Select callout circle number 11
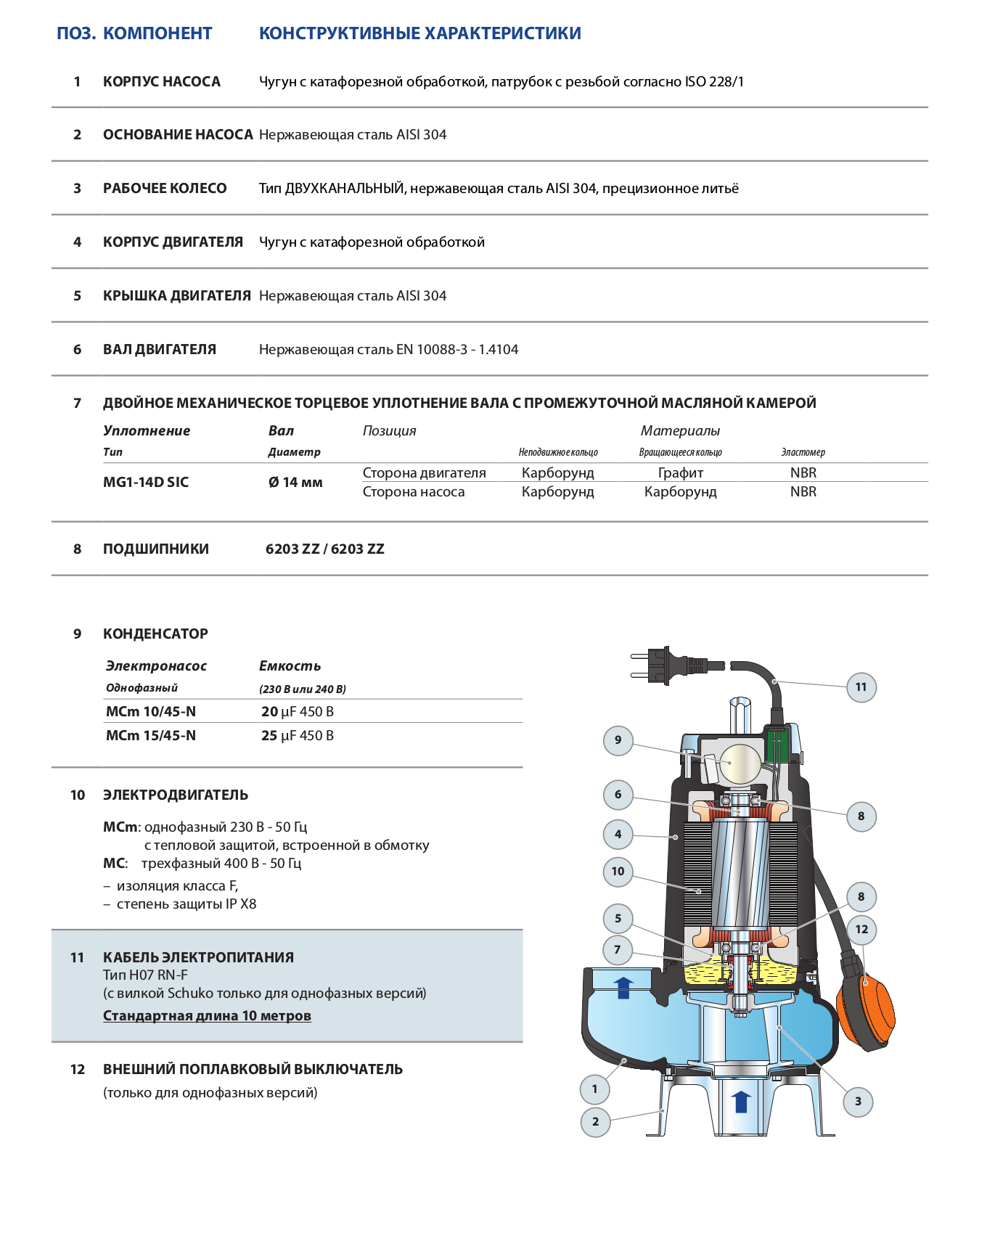tap(861, 687)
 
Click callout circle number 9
tap(618, 740)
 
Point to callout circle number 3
tap(858, 1102)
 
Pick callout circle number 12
tap(861, 930)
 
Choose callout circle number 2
tap(596, 1122)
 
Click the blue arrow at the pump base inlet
tap(741, 1101)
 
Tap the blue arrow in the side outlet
tap(623, 988)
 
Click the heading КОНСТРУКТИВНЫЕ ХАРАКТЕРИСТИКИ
tap(419, 33)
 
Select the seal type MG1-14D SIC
tap(146, 483)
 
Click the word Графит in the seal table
tap(680, 473)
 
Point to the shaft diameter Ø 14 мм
tap(295, 483)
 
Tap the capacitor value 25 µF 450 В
tap(298, 736)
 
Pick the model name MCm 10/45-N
tap(151, 712)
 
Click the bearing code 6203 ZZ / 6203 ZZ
tap(325, 549)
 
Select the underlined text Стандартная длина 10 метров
tap(207, 1016)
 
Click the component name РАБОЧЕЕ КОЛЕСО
tap(165, 189)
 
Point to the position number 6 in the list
tap(78, 350)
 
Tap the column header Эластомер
tap(803, 452)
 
